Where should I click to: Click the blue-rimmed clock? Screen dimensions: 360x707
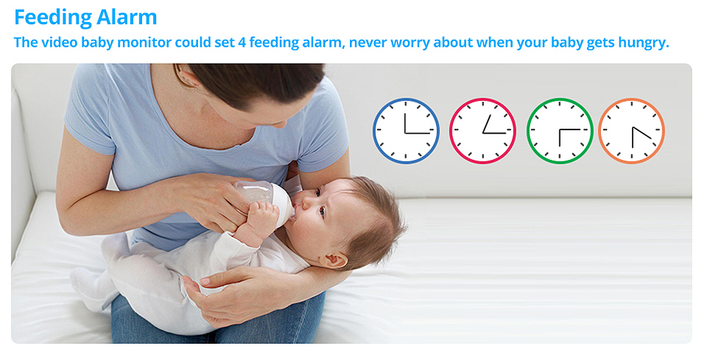(406, 131)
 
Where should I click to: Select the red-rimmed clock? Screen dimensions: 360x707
(483, 131)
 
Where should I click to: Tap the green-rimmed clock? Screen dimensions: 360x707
(559, 131)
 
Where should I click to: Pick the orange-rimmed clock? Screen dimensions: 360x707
(631, 131)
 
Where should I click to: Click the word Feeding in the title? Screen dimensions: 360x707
(54, 16)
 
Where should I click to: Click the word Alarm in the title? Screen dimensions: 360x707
(128, 16)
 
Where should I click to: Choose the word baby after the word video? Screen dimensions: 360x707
(84, 42)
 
